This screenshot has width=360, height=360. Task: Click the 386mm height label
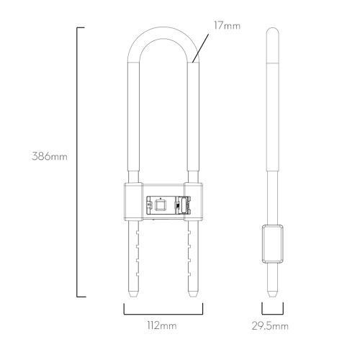point(50,156)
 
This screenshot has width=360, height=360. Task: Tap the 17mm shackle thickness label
point(227,26)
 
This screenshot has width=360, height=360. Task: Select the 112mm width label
point(162,325)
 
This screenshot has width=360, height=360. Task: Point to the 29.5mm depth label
point(270,326)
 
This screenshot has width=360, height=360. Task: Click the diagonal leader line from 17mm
point(200,48)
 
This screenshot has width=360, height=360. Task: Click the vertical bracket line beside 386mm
point(77,162)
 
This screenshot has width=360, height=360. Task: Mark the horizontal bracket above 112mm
point(163,314)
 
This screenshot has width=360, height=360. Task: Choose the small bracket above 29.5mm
point(273,314)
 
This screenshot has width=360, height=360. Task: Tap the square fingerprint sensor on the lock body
point(161,205)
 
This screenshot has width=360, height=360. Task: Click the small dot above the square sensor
point(161,198)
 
